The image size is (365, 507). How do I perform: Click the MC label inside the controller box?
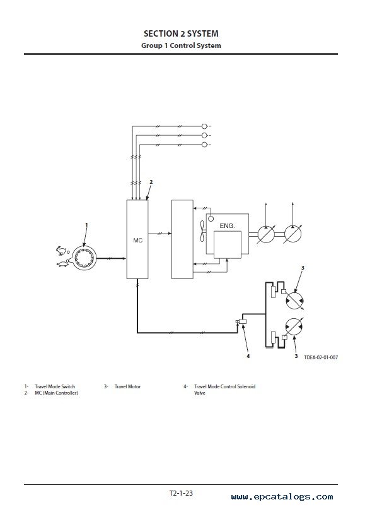pyautogui.click(x=138, y=241)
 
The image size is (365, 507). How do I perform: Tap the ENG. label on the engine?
pyautogui.click(x=227, y=225)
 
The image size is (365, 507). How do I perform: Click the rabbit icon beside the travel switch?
pyautogui.click(x=61, y=250)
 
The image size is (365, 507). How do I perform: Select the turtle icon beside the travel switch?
pyautogui.click(x=62, y=264)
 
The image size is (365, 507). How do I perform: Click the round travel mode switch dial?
pyautogui.click(x=84, y=258)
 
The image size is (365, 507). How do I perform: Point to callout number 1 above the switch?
pyautogui.click(x=86, y=224)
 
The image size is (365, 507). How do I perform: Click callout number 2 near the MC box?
pyautogui.click(x=151, y=182)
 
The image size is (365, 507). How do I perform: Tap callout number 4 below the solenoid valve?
pyautogui.click(x=248, y=356)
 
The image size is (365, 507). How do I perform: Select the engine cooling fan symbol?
pyautogui.click(x=202, y=231)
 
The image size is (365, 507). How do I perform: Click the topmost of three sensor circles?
pyautogui.click(x=204, y=126)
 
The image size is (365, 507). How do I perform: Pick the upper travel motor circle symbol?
pyautogui.click(x=294, y=301)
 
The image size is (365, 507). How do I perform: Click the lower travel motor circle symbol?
pyautogui.click(x=294, y=327)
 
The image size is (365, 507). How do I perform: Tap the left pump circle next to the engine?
pyautogui.click(x=266, y=234)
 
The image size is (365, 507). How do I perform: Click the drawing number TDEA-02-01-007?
pyautogui.click(x=321, y=357)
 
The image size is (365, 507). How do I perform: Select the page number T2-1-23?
pyautogui.click(x=181, y=493)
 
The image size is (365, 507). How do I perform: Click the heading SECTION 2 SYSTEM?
pyautogui.click(x=181, y=33)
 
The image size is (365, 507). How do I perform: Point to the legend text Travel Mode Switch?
pyautogui.click(x=55, y=386)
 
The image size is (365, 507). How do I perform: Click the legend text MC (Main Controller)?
pyautogui.click(x=56, y=393)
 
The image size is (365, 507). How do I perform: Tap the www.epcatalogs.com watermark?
pyautogui.click(x=282, y=497)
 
